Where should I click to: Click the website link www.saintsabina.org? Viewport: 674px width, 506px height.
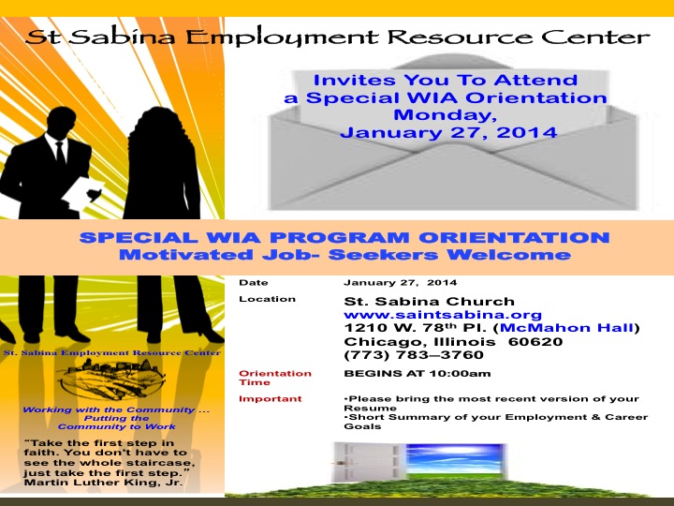pos(443,315)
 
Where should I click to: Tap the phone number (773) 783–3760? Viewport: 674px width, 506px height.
pos(414,355)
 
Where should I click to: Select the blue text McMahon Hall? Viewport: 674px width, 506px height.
pos(566,328)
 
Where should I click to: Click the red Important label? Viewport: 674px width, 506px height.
pos(271,399)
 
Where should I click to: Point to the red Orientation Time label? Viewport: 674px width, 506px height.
pos(275,378)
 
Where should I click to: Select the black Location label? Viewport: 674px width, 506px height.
pos(268,299)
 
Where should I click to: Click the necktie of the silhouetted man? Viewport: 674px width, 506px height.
pos(61,154)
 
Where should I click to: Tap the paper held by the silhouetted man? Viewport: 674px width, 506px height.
pos(82,194)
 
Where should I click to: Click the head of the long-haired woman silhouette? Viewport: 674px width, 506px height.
pos(158,125)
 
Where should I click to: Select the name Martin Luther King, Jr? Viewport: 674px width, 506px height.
pos(103,483)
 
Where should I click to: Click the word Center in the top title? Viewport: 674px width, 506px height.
pos(595,37)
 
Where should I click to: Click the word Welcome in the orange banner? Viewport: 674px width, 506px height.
pos(509,255)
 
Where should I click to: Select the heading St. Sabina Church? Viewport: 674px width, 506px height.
pos(429,301)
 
